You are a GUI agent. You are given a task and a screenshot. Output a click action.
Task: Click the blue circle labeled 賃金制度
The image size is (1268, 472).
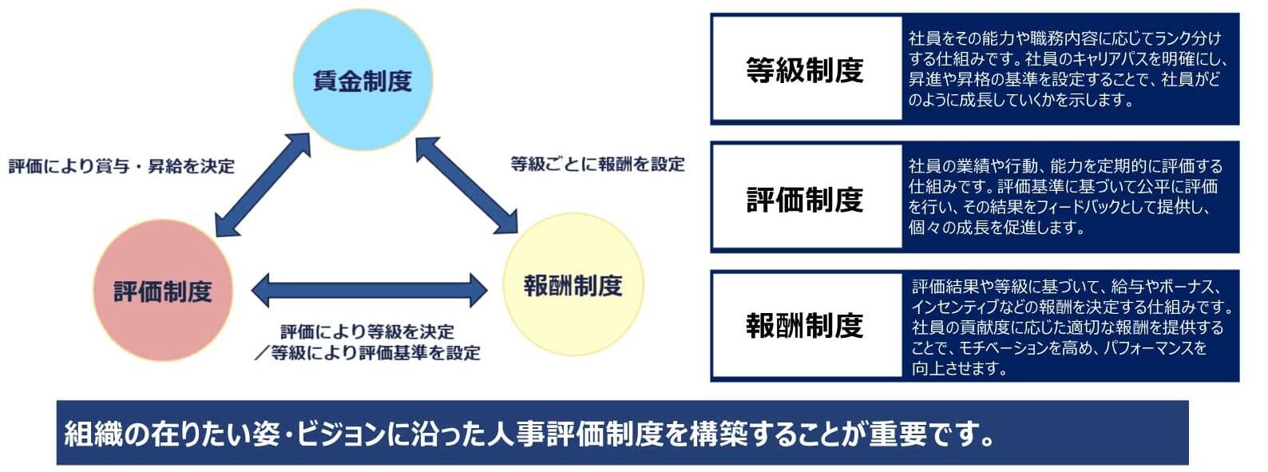tap(363, 80)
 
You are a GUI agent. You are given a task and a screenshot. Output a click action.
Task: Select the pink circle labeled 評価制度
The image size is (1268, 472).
tap(163, 291)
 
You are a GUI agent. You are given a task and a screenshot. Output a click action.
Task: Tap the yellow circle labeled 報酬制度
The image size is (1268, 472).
tap(573, 284)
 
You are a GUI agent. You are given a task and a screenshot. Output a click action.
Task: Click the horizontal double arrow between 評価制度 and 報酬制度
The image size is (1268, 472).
tap(369, 291)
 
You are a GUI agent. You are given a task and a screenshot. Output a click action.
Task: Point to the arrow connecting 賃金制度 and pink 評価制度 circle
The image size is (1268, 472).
tap(264, 184)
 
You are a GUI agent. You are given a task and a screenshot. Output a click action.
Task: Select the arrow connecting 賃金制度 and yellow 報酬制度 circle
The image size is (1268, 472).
tap(467, 185)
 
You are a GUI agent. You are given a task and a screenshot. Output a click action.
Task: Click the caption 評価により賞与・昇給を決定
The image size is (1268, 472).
tap(121, 166)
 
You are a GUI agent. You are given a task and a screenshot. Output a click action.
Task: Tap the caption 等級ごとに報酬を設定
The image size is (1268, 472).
tap(598, 165)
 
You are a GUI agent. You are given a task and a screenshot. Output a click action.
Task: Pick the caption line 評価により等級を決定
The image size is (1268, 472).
tap(367, 331)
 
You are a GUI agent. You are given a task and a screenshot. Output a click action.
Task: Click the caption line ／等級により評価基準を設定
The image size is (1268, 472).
tap(367, 353)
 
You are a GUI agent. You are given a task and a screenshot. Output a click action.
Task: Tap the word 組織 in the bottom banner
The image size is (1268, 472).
tap(93, 434)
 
